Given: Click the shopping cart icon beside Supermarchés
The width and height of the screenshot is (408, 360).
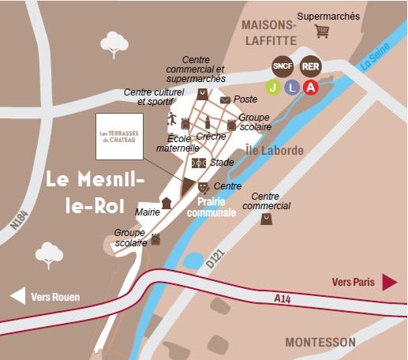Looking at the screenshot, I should click(321, 32).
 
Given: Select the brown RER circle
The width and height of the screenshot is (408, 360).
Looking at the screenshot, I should click(311, 66).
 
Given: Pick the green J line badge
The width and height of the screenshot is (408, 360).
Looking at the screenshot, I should click(272, 87).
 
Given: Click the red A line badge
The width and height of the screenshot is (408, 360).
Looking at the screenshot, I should click(311, 87).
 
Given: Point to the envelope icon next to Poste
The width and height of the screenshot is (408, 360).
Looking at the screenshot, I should click(226, 100).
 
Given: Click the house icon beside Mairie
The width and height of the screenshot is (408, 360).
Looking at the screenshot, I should click(167, 203).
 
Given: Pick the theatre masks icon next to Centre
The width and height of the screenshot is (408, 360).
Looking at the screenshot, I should click(203, 187).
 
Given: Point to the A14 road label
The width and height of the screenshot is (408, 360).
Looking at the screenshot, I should click(283, 298).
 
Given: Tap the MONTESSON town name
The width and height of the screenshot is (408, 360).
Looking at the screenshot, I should click(320, 342).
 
